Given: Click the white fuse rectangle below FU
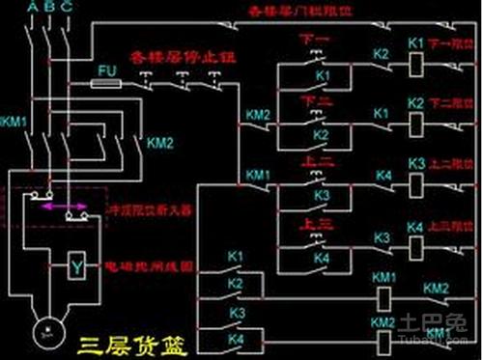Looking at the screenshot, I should [x=105, y=84].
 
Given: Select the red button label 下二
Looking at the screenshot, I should [x=316, y=100].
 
